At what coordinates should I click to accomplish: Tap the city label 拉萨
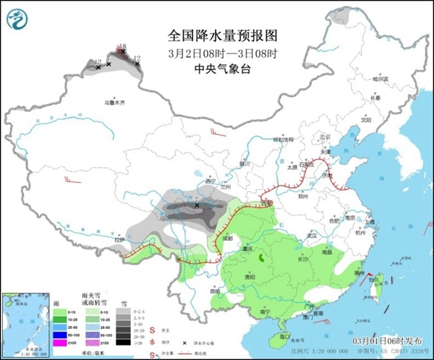click(119, 239)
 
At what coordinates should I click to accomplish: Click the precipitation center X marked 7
click(197, 206)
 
